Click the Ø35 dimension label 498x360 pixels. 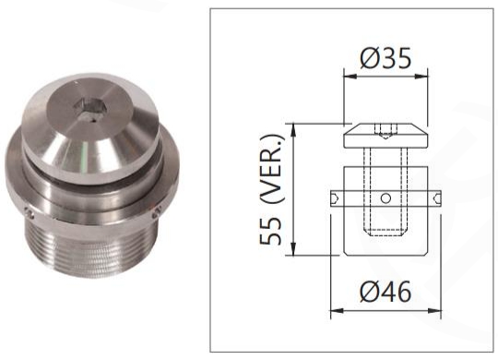(x=385, y=58)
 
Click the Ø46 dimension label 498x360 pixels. (x=385, y=292)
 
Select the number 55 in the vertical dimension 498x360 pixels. (x=270, y=231)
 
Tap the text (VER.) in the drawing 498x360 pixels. (x=270, y=169)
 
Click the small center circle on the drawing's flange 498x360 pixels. (x=385, y=198)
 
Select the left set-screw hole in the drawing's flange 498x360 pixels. (x=335, y=198)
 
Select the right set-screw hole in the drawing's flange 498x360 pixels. (x=437, y=198)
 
